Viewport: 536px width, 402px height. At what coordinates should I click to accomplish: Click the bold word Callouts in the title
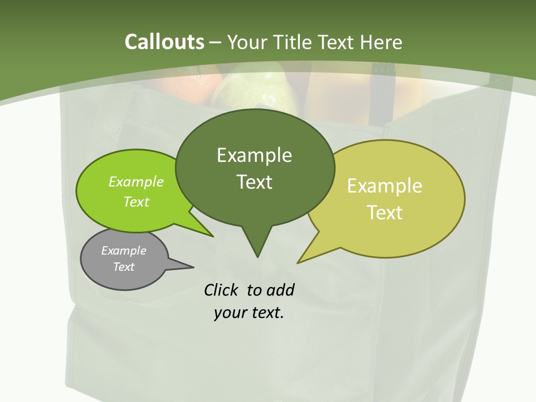(164, 42)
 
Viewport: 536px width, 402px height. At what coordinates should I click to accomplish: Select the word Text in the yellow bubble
(385, 213)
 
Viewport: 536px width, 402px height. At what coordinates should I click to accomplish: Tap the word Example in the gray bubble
(123, 251)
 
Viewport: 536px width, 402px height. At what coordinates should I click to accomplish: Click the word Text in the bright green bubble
(136, 202)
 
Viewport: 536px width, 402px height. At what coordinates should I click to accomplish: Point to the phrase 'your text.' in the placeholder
(249, 313)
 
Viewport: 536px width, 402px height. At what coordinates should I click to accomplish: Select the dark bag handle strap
(382, 98)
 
